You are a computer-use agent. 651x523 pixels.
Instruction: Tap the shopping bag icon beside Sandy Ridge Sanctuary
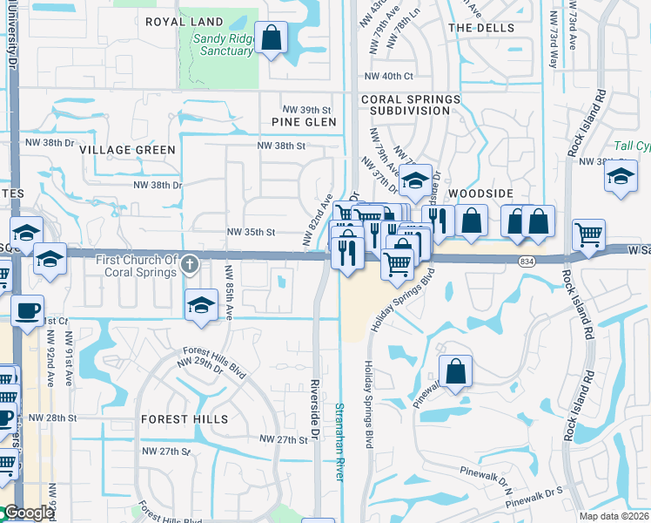272,38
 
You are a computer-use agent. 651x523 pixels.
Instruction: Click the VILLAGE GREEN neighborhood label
127,150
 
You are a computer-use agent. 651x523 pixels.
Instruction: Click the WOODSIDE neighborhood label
477,192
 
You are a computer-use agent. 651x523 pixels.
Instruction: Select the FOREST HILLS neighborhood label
182,419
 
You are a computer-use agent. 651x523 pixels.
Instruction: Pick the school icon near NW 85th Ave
201,305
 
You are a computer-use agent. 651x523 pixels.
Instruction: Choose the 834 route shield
551,260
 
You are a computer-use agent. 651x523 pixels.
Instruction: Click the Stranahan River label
339,440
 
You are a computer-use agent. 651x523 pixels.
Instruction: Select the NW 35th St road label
251,233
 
